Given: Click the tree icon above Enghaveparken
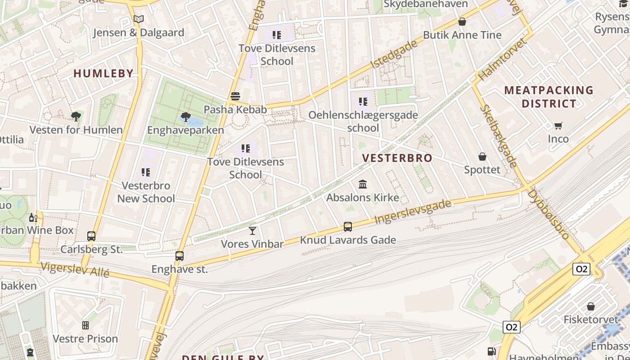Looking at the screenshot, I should click(x=185, y=117).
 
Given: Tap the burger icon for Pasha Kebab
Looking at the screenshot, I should click(x=235, y=96).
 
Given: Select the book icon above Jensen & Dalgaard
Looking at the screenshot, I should click(x=139, y=19).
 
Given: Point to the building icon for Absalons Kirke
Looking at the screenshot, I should click(x=363, y=184).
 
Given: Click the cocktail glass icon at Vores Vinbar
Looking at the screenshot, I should click(x=252, y=231).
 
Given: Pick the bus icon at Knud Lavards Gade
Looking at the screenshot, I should click(x=348, y=227).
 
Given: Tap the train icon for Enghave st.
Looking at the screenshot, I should click(x=180, y=256).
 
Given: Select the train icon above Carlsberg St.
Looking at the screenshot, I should click(x=91, y=236).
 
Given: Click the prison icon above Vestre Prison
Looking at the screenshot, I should click(x=85, y=325).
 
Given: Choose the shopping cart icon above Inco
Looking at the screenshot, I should click(x=558, y=126).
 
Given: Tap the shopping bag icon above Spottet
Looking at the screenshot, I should click(x=482, y=157).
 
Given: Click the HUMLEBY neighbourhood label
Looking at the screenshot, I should click(x=103, y=73).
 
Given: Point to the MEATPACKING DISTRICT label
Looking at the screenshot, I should click(x=549, y=97).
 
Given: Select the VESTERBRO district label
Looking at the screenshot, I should click(x=397, y=158).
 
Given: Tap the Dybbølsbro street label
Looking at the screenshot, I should click(x=549, y=214).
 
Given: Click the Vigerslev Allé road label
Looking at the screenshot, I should click(x=75, y=269).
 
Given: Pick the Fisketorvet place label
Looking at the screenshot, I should click(x=591, y=319).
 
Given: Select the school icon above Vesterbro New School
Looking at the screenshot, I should click(x=145, y=172).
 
